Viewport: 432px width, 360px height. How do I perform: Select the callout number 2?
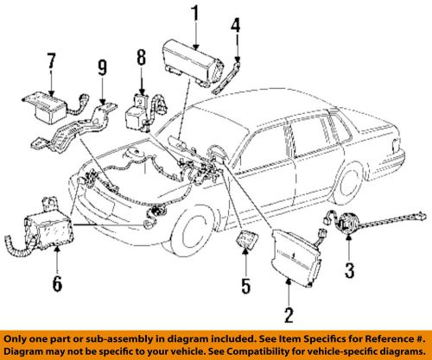(x=288, y=314)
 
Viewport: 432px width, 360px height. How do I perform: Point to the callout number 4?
(x=234, y=28)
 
